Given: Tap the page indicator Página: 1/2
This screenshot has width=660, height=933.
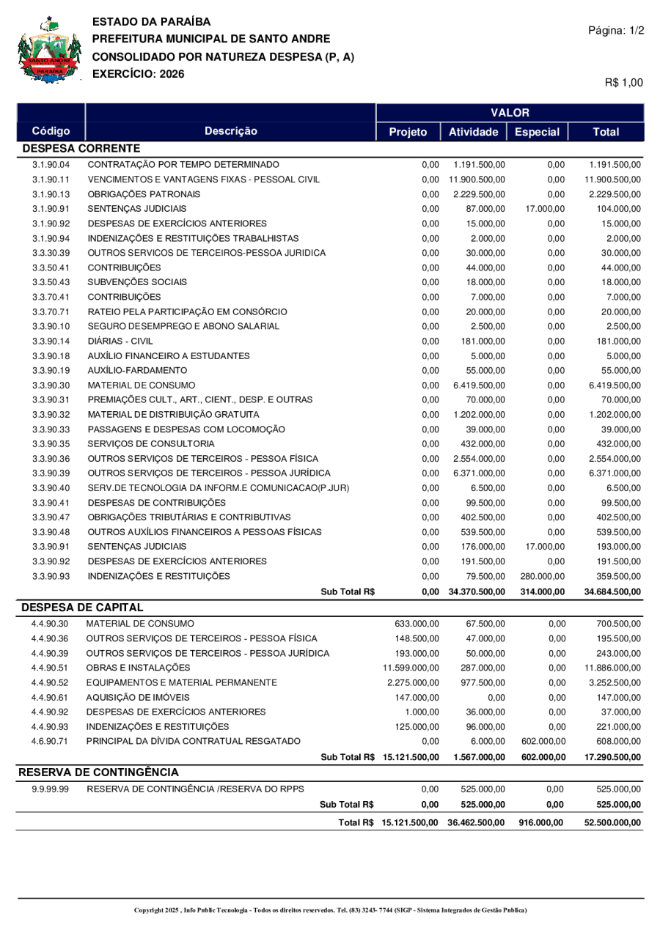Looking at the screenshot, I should click(x=616, y=30).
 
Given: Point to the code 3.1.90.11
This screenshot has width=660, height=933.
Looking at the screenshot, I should click(x=51, y=179).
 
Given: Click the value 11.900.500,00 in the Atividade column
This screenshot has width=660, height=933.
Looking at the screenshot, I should click(x=477, y=179).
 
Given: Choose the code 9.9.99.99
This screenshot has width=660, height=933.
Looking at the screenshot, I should click(x=51, y=789).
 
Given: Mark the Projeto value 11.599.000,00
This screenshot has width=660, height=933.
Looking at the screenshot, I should click(x=411, y=668).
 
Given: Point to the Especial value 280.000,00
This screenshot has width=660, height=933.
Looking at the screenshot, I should click(x=543, y=575).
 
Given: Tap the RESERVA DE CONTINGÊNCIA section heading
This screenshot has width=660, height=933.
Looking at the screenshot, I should click(x=98, y=772).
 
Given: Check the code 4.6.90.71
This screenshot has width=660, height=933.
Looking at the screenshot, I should click(x=51, y=741).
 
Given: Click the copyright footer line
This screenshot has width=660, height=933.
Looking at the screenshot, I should click(x=330, y=910).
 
